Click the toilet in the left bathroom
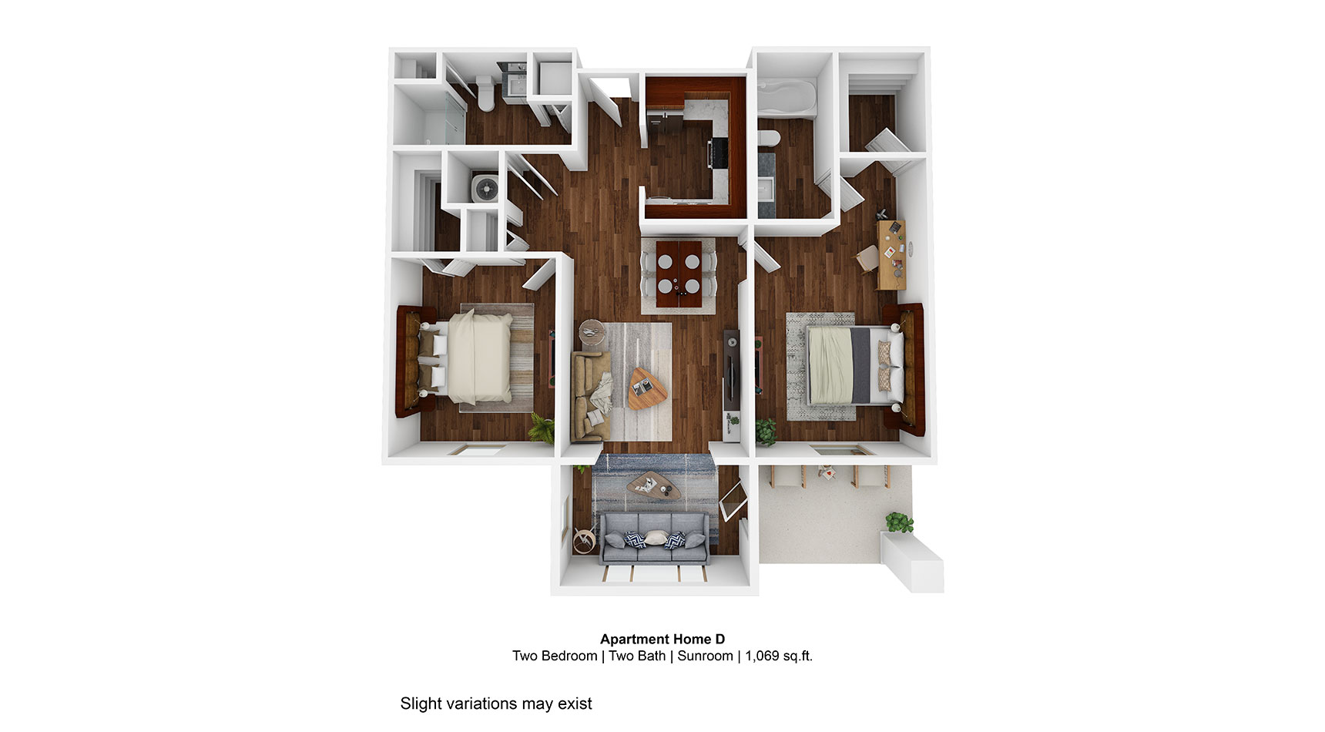pyautogui.click(x=486, y=92)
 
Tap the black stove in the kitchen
pyautogui.click(x=718, y=152)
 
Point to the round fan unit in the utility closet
pyautogui.click(x=485, y=189)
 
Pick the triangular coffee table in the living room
pyautogui.click(x=641, y=388)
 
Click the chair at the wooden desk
pyautogui.click(x=867, y=258)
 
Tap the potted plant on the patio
pyautogui.click(x=898, y=522)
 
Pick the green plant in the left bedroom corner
pyautogui.click(x=542, y=428)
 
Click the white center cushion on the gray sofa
pyautogui.click(x=655, y=538)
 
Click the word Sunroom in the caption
pyautogui.click(x=705, y=656)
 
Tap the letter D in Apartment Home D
pyautogui.click(x=720, y=639)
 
